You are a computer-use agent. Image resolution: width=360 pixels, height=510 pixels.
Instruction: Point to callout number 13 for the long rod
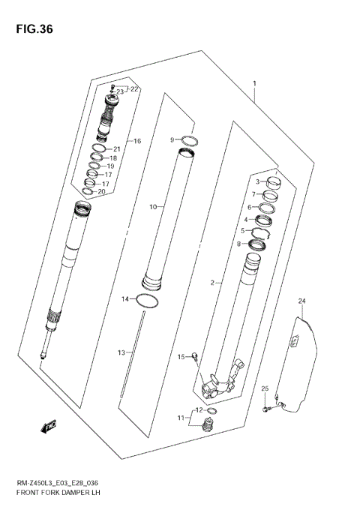pos(121,352)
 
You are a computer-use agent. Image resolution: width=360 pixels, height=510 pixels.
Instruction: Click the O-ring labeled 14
pos(149,301)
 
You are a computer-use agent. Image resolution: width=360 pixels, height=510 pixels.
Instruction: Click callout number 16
pos(136,141)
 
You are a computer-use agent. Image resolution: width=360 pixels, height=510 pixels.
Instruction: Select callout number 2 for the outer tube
pos(212,283)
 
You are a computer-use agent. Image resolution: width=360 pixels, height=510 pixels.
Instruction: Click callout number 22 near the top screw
pos(134,89)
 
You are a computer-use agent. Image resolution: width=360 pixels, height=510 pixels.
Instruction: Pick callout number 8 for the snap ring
pos(240,244)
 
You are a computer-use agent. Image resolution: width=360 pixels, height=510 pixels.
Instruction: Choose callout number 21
pos(116,148)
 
